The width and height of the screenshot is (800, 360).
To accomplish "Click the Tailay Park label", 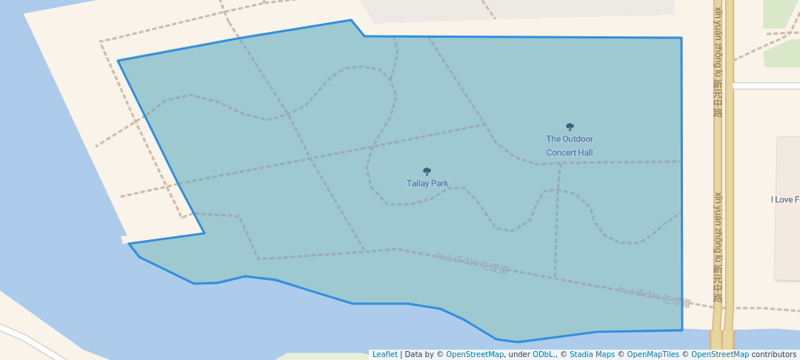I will click(427, 184).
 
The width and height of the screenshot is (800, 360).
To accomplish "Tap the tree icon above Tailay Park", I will click(427, 171).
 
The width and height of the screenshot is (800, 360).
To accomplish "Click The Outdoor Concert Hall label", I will click(570, 146).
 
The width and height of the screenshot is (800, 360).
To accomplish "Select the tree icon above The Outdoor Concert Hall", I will click(570, 127).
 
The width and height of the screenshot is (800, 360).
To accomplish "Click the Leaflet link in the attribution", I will click(384, 355).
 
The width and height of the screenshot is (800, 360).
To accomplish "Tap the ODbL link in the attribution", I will click(543, 355).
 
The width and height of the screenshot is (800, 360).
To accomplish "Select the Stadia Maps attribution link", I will click(592, 355).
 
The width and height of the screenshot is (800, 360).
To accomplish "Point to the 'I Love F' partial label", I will click(784, 200).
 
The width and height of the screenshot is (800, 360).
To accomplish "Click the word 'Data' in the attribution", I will click(414, 355).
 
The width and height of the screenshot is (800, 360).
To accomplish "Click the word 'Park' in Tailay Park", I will click(439, 184).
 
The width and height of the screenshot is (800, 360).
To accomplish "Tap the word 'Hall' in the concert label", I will click(586, 153).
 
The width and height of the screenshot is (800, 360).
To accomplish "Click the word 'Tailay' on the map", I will click(417, 184).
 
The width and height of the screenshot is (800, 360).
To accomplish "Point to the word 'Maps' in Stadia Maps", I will click(604, 355).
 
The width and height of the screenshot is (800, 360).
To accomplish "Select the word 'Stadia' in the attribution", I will click(581, 355).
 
